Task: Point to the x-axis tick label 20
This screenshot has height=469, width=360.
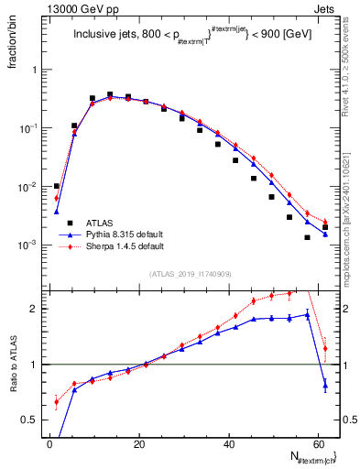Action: point(139,444)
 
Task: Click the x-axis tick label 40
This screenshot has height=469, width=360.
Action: point(228,444)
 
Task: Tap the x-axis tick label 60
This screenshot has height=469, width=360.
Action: point(317,444)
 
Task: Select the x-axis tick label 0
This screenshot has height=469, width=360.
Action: point(50,444)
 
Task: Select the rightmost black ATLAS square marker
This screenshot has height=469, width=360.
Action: point(325,227)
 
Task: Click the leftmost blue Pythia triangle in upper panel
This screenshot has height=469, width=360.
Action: point(57,212)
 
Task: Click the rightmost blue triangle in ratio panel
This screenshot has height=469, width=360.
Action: point(325,386)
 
